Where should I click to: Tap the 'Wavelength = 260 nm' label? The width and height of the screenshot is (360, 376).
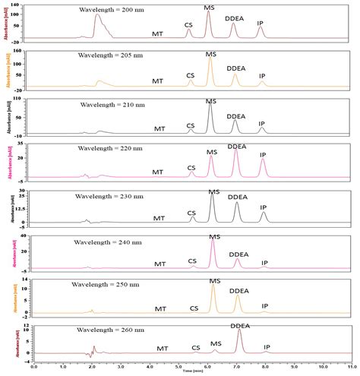coord(109,330)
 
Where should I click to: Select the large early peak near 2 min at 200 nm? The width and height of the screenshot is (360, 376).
coord(96,17)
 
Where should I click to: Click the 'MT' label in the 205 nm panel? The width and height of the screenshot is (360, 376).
coord(157,81)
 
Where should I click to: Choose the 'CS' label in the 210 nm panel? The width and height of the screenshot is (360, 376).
coord(191,124)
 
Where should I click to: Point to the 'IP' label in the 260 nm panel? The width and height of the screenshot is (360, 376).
coord(267,347)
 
